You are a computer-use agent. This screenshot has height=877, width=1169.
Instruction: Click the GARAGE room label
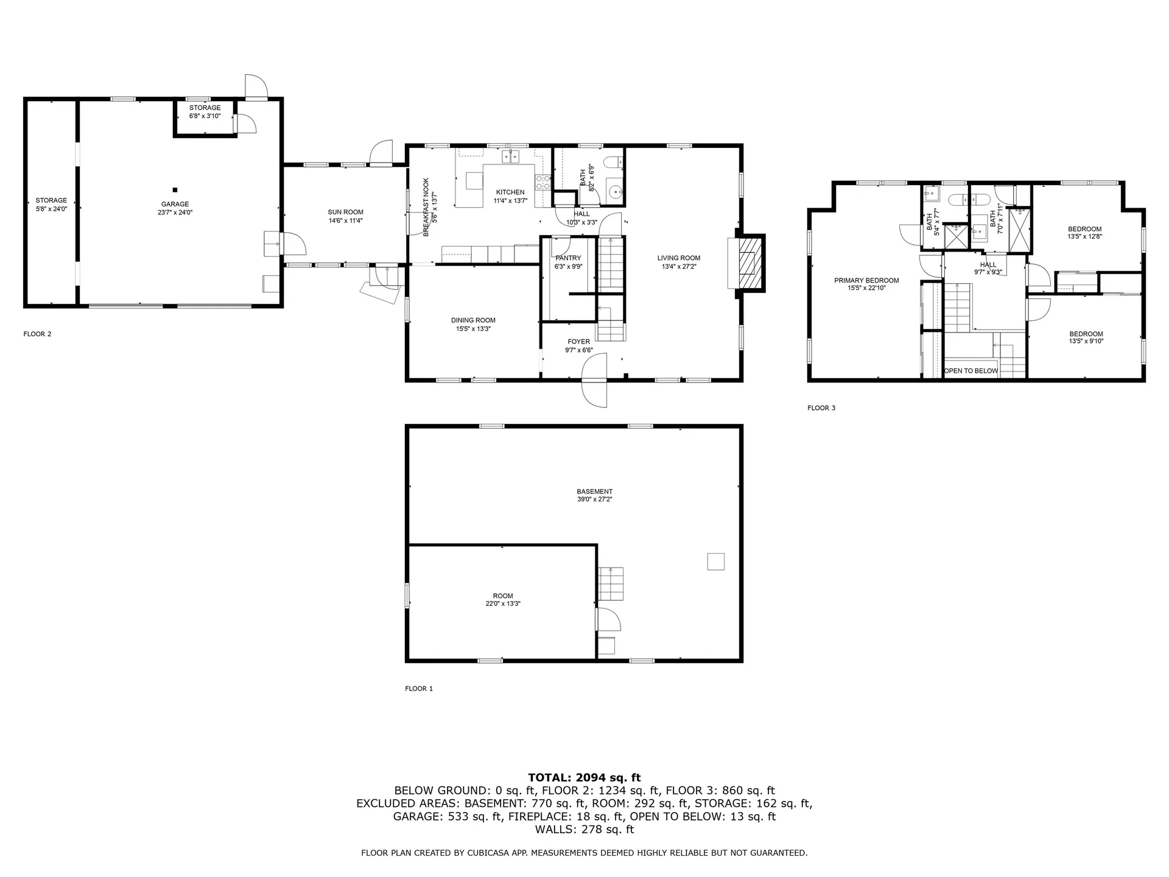(x=175, y=205)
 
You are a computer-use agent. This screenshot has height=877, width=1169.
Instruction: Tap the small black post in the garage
(x=175, y=190)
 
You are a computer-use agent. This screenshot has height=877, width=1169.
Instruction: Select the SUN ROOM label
(x=345, y=213)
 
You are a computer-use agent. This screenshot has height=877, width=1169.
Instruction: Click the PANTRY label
(x=568, y=258)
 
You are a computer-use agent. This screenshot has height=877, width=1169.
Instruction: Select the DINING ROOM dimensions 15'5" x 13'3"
(x=473, y=329)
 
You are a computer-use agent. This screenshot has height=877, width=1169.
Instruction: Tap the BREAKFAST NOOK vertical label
(x=426, y=207)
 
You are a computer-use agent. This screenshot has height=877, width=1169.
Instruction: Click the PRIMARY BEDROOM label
(x=866, y=281)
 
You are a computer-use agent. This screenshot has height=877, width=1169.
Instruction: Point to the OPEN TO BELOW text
(x=971, y=371)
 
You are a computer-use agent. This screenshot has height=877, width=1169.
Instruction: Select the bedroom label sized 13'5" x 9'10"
(x=1086, y=334)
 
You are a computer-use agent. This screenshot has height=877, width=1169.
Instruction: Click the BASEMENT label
(x=594, y=491)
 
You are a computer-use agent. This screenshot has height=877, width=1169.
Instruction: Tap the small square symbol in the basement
(x=715, y=561)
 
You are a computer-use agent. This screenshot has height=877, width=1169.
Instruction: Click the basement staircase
(x=611, y=583)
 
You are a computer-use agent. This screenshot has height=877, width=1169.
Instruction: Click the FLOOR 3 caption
(x=821, y=408)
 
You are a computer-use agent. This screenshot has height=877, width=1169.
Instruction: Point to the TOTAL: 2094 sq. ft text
(x=584, y=778)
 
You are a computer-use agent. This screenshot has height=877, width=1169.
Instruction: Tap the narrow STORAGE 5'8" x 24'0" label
(x=51, y=200)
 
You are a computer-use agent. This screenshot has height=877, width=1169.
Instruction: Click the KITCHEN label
(x=510, y=192)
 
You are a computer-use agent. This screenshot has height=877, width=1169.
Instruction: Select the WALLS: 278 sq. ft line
(x=584, y=829)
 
